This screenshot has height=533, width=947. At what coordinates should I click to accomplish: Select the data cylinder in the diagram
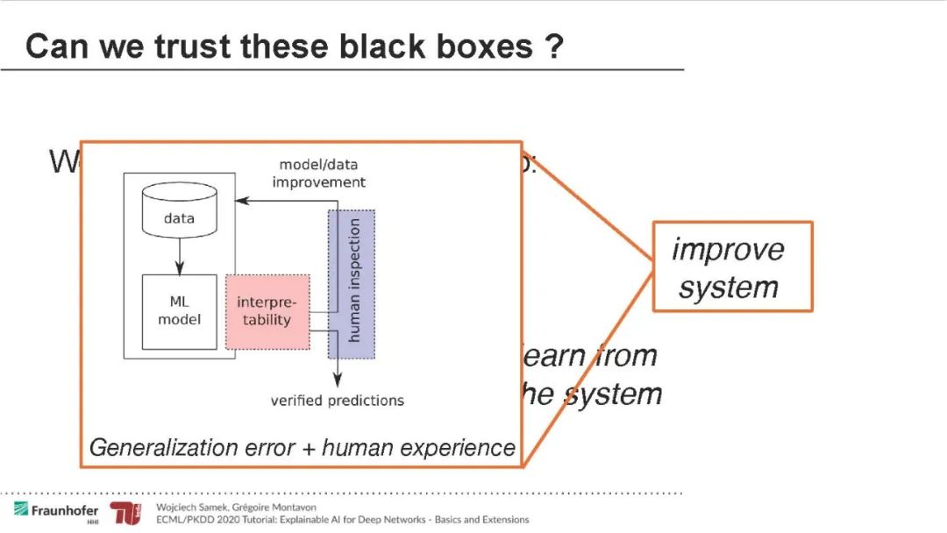179,214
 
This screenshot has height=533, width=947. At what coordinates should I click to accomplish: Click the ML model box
179,311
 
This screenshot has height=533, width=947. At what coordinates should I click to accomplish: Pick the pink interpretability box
267,311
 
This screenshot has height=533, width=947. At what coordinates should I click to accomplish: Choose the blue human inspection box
352,283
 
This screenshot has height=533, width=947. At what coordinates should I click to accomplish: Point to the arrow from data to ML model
179,256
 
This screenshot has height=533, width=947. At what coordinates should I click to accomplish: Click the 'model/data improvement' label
318,174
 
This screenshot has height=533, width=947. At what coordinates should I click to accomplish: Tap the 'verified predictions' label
337,401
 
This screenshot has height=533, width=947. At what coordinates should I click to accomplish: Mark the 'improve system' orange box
732,266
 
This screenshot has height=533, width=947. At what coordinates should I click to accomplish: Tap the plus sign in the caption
308,449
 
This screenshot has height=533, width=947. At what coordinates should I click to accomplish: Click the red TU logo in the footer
125,515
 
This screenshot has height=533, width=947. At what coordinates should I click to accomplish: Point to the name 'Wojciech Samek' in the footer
189,508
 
